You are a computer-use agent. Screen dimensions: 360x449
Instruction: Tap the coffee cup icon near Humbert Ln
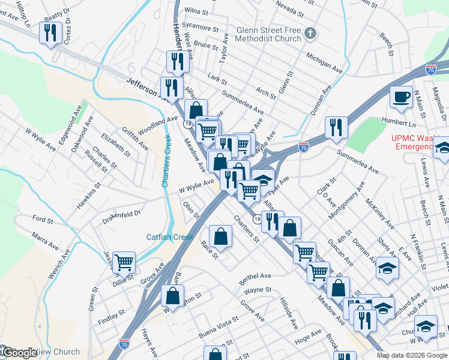pos(401,96)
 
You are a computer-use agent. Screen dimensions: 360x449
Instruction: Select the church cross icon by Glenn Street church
pos(309,32)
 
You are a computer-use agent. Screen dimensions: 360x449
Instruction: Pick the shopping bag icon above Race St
pos(220,235)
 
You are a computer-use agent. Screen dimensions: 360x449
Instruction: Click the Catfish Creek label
pos(170,237)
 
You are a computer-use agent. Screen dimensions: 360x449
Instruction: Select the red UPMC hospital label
pos(412,142)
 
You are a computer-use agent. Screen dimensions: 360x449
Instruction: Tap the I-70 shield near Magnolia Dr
pos(430,70)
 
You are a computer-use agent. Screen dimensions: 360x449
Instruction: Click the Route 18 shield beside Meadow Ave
pos(187,123)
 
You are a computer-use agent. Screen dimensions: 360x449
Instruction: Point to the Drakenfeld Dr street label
pos(121,213)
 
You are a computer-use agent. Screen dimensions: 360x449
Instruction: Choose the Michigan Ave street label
pos(324,62)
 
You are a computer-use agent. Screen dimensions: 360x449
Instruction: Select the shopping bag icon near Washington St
pos(172,296)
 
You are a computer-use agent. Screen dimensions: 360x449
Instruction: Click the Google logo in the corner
pos(20,353)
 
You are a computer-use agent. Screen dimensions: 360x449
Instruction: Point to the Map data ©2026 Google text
pos(412,355)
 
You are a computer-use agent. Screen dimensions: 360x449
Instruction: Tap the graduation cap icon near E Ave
pos(388,268)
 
